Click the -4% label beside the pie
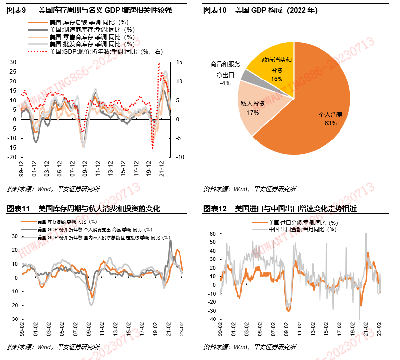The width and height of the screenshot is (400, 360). (225, 83)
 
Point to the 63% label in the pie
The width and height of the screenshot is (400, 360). (330, 123)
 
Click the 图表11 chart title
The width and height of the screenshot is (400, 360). (83, 209)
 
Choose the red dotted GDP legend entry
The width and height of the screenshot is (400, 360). (95, 51)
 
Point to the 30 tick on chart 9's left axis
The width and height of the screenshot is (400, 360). (12, 62)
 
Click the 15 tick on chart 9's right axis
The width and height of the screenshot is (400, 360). (179, 62)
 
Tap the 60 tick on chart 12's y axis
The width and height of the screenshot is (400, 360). (212, 234)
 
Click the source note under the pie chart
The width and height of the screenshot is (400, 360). (249, 189)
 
